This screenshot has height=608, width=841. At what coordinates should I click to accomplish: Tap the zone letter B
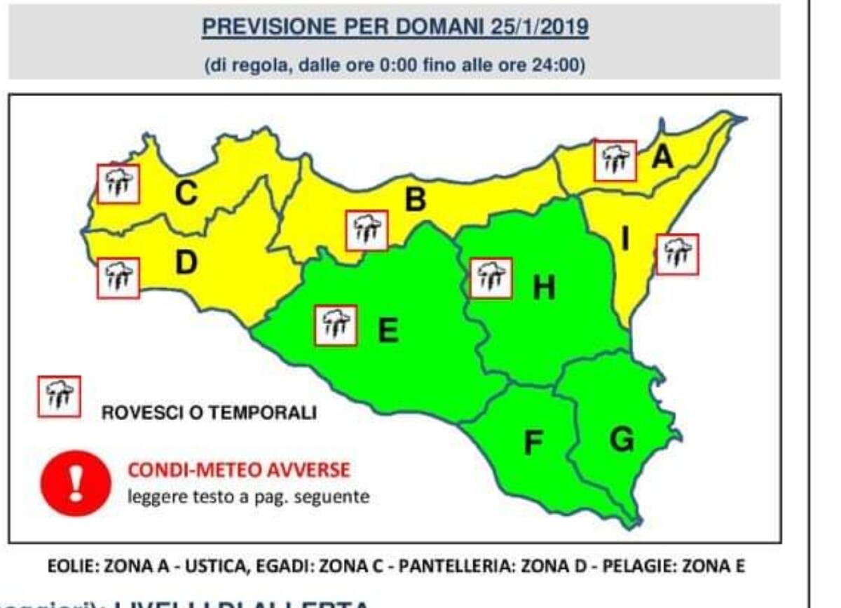(415, 201)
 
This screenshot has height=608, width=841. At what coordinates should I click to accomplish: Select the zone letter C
(186, 194)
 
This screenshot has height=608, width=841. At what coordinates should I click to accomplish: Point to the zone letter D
(186, 263)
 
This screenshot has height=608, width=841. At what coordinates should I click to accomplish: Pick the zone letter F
(534, 442)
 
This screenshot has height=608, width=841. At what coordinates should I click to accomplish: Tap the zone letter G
(621, 440)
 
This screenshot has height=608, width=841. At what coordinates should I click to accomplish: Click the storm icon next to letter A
(615, 161)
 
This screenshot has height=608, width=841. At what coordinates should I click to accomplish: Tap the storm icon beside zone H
(491, 278)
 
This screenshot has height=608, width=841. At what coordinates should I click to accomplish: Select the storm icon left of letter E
(336, 325)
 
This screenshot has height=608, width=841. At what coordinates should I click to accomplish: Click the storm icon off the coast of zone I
(677, 254)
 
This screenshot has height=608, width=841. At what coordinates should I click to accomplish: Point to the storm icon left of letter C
(118, 184)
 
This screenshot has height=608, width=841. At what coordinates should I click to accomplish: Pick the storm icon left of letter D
(118, 278)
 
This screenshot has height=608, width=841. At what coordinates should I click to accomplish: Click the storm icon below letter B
(367, 230)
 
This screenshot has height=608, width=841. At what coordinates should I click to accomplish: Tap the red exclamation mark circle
(76, 483)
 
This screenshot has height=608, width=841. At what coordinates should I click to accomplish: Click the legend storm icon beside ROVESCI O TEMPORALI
(59, 397)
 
